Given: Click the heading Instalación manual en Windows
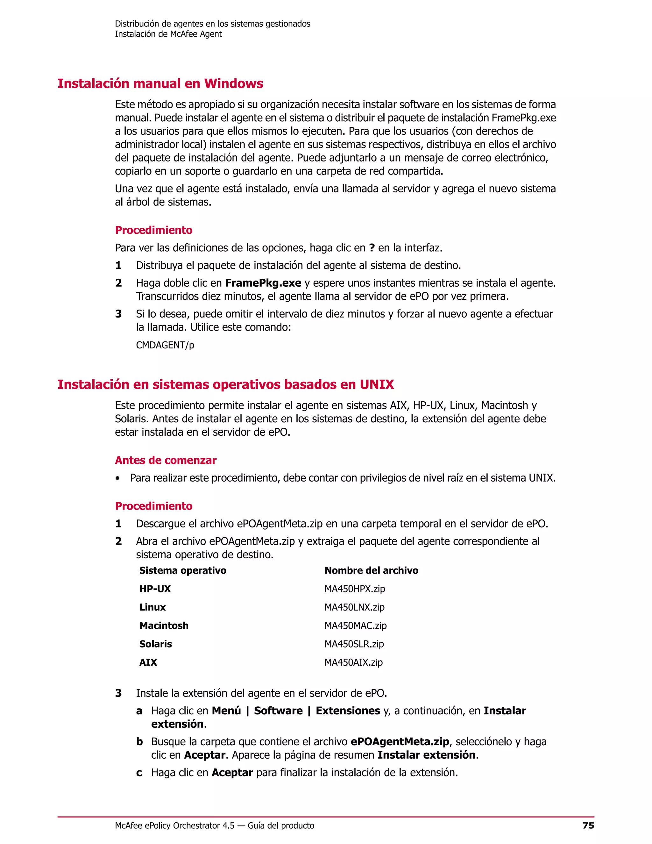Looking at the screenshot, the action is point(160,83).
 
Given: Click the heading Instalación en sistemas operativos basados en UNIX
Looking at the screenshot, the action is point(226,384).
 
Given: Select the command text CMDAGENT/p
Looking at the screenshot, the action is point(165,345).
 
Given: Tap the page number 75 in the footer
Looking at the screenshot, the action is point(588,826).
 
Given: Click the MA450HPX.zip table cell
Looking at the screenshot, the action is point(355,589).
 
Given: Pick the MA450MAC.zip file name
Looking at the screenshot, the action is point(355,626).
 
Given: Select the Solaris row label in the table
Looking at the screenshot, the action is point(156,644).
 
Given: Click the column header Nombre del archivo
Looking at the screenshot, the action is point(371,570).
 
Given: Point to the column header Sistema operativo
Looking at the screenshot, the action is point(183,570).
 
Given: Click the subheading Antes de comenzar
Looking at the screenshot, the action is point(166,460).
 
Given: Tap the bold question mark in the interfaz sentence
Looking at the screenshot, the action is point(372,248).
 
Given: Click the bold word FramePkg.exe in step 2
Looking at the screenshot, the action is point(263,283).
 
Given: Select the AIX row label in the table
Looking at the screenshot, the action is point(148,662).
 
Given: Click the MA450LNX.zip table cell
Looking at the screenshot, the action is point(354,607).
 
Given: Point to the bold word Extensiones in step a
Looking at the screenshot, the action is point(348,711).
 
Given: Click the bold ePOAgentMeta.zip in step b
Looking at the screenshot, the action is point(400,741).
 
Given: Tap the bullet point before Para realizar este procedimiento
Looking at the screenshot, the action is point(117,478).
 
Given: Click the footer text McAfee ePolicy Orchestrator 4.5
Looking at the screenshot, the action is point(174,826).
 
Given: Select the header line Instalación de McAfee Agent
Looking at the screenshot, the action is point(168,34).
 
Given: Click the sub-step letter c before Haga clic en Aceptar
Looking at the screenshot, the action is point(139,773).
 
